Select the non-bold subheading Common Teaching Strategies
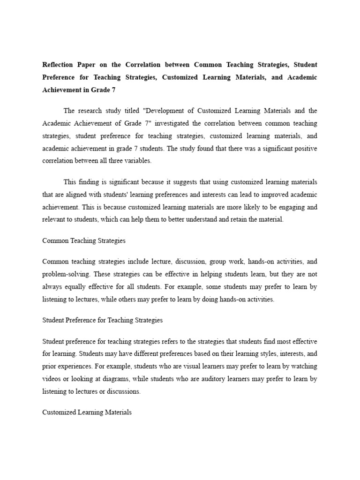pyautogui.click(x=84, y=240)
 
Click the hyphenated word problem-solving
pyautogui.click(x=62, y=274)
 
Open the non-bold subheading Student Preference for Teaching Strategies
pyautogui.click(x=103, y=320)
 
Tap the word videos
pyautogui.click(x=52, y=378)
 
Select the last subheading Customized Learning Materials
pyautogui.click(x=87, y=412)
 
